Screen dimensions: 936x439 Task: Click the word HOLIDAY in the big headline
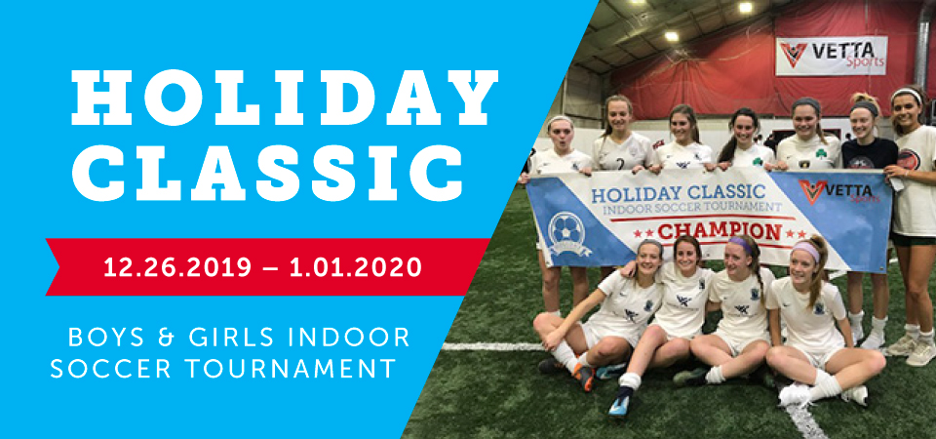pyautogui.click(x=284, y=97)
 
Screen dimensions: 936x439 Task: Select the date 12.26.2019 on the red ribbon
pyautogui.click(x=177, y=267)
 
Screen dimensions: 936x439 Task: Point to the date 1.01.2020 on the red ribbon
pyautogui.click(x=357, y=267)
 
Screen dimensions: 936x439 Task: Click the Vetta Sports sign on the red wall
pyautogui.click(x=831, y=56)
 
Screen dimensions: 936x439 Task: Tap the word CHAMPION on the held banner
pyautogui.click(x=720, y=232)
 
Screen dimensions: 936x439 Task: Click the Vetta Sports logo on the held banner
pyautogui.click(x=839, y=192)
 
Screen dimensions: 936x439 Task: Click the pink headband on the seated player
pyautogui.click(x=806, y=251)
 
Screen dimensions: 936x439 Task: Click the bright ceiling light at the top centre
pyautogui.click(x=745, y=7)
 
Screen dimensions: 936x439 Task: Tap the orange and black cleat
pyautogui.click(x=584, y=376)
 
